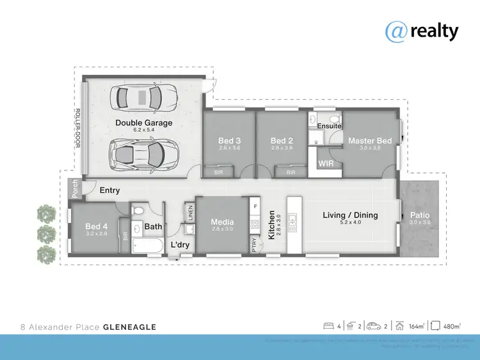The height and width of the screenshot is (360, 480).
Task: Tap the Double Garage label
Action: (143, 123)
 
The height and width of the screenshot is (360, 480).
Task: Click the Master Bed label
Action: (369, 141)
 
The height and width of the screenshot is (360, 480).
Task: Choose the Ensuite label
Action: (329, 126)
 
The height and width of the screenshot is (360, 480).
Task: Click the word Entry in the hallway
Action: (109, 190)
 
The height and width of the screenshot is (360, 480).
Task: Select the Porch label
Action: (76, 189)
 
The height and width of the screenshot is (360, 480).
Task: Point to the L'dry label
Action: (179, 245)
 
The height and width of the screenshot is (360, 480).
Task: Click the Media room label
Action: (222, 222)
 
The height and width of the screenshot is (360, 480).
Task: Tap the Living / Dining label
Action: (349, 215)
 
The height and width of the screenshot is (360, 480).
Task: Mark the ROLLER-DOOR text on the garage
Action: (79, 131)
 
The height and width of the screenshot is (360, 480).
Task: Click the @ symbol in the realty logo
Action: (396, 30)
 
